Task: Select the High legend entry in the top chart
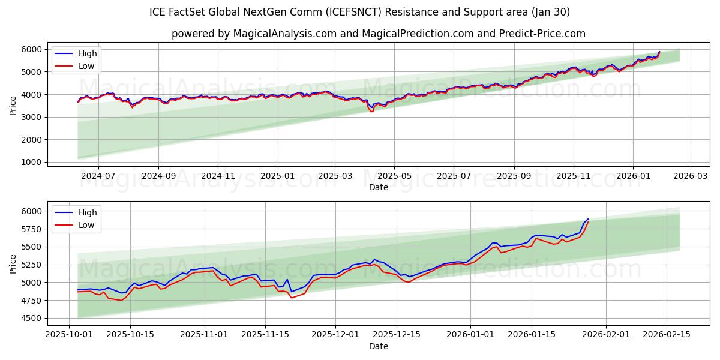point(88,53)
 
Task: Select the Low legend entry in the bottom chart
point(86,225)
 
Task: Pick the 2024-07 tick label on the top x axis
point(98,176)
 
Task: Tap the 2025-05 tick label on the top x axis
point(394,176)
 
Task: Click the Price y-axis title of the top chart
point(13,104)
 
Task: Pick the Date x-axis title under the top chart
point(378,187)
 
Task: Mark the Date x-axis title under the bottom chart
point(378,346)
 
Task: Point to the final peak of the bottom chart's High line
point(588,219)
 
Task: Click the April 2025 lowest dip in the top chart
point(372,110)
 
